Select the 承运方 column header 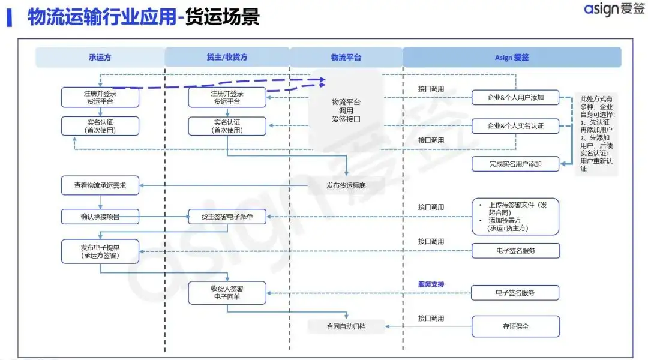pos(100,58)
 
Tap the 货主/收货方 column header pos(226,58)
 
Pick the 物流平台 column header pos(346,58)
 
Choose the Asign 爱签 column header pos(512,58)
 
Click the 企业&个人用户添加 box pos(515,97)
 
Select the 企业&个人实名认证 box pos(515,126)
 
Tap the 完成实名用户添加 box pos(515,163)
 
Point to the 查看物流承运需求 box pos(100,185)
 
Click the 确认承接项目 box pos(100,217)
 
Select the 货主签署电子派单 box pos(227,217)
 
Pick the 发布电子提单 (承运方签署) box pos(100,251)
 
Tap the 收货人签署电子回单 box pos(227,293)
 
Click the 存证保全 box pos(515,326)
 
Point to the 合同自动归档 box pos(346,326)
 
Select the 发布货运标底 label pos(346,185)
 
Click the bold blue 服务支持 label pos(431,284)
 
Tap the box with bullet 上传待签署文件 pos(515,216)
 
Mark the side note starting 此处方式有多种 pos(596,133)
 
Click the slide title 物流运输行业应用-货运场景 pos(143,17)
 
